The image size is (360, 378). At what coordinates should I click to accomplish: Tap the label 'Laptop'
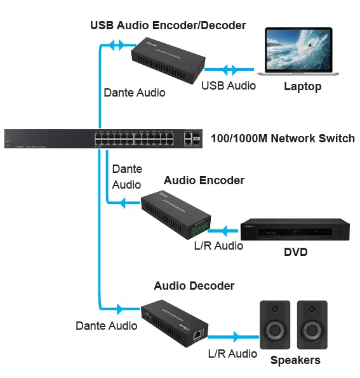coord(302,86)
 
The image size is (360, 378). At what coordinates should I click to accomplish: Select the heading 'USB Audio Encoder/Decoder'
coord(168,25)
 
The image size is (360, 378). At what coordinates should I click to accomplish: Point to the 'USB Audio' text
coord(228,85)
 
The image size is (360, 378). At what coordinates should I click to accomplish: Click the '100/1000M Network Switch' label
coord(283,138)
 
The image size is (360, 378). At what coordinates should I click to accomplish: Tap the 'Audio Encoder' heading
coord(204,180)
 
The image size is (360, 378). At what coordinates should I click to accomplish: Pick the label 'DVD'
coord(295,252)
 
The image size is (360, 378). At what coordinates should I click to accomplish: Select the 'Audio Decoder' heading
coord(194,286)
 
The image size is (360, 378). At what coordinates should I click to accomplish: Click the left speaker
coord(274,325)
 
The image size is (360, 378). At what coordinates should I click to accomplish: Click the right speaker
coord(312,325)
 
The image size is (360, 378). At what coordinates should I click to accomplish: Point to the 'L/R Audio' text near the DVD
coord(218,246)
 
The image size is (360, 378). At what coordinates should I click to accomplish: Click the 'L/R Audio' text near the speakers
coord(233,354)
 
